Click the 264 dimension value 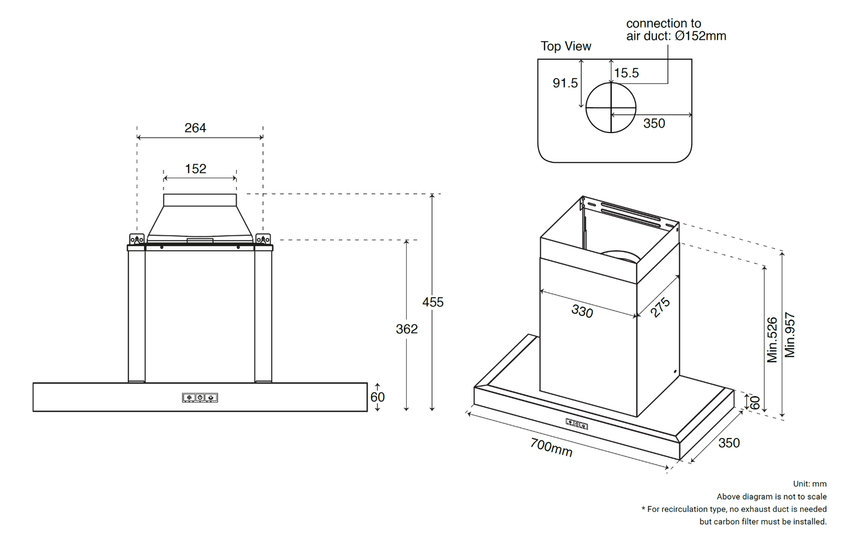point(195,128)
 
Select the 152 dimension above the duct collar point(195,169)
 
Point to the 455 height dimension point(433,302)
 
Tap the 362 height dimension point(406,329)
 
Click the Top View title point(566,46)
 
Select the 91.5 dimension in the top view point(565,83)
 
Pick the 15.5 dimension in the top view point(626,73)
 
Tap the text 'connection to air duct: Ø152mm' point(675,30)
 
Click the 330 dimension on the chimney point(582,311)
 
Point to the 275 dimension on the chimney point(660,307)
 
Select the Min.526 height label point(772,339)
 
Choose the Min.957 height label point(790,335)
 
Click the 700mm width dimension point(551,447)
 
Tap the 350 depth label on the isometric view point(729,443)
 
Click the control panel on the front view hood point(200,397)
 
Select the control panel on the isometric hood point(577,424)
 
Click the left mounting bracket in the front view point(137,239)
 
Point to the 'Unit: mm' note point(809,484)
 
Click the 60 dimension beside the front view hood point(377,397)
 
